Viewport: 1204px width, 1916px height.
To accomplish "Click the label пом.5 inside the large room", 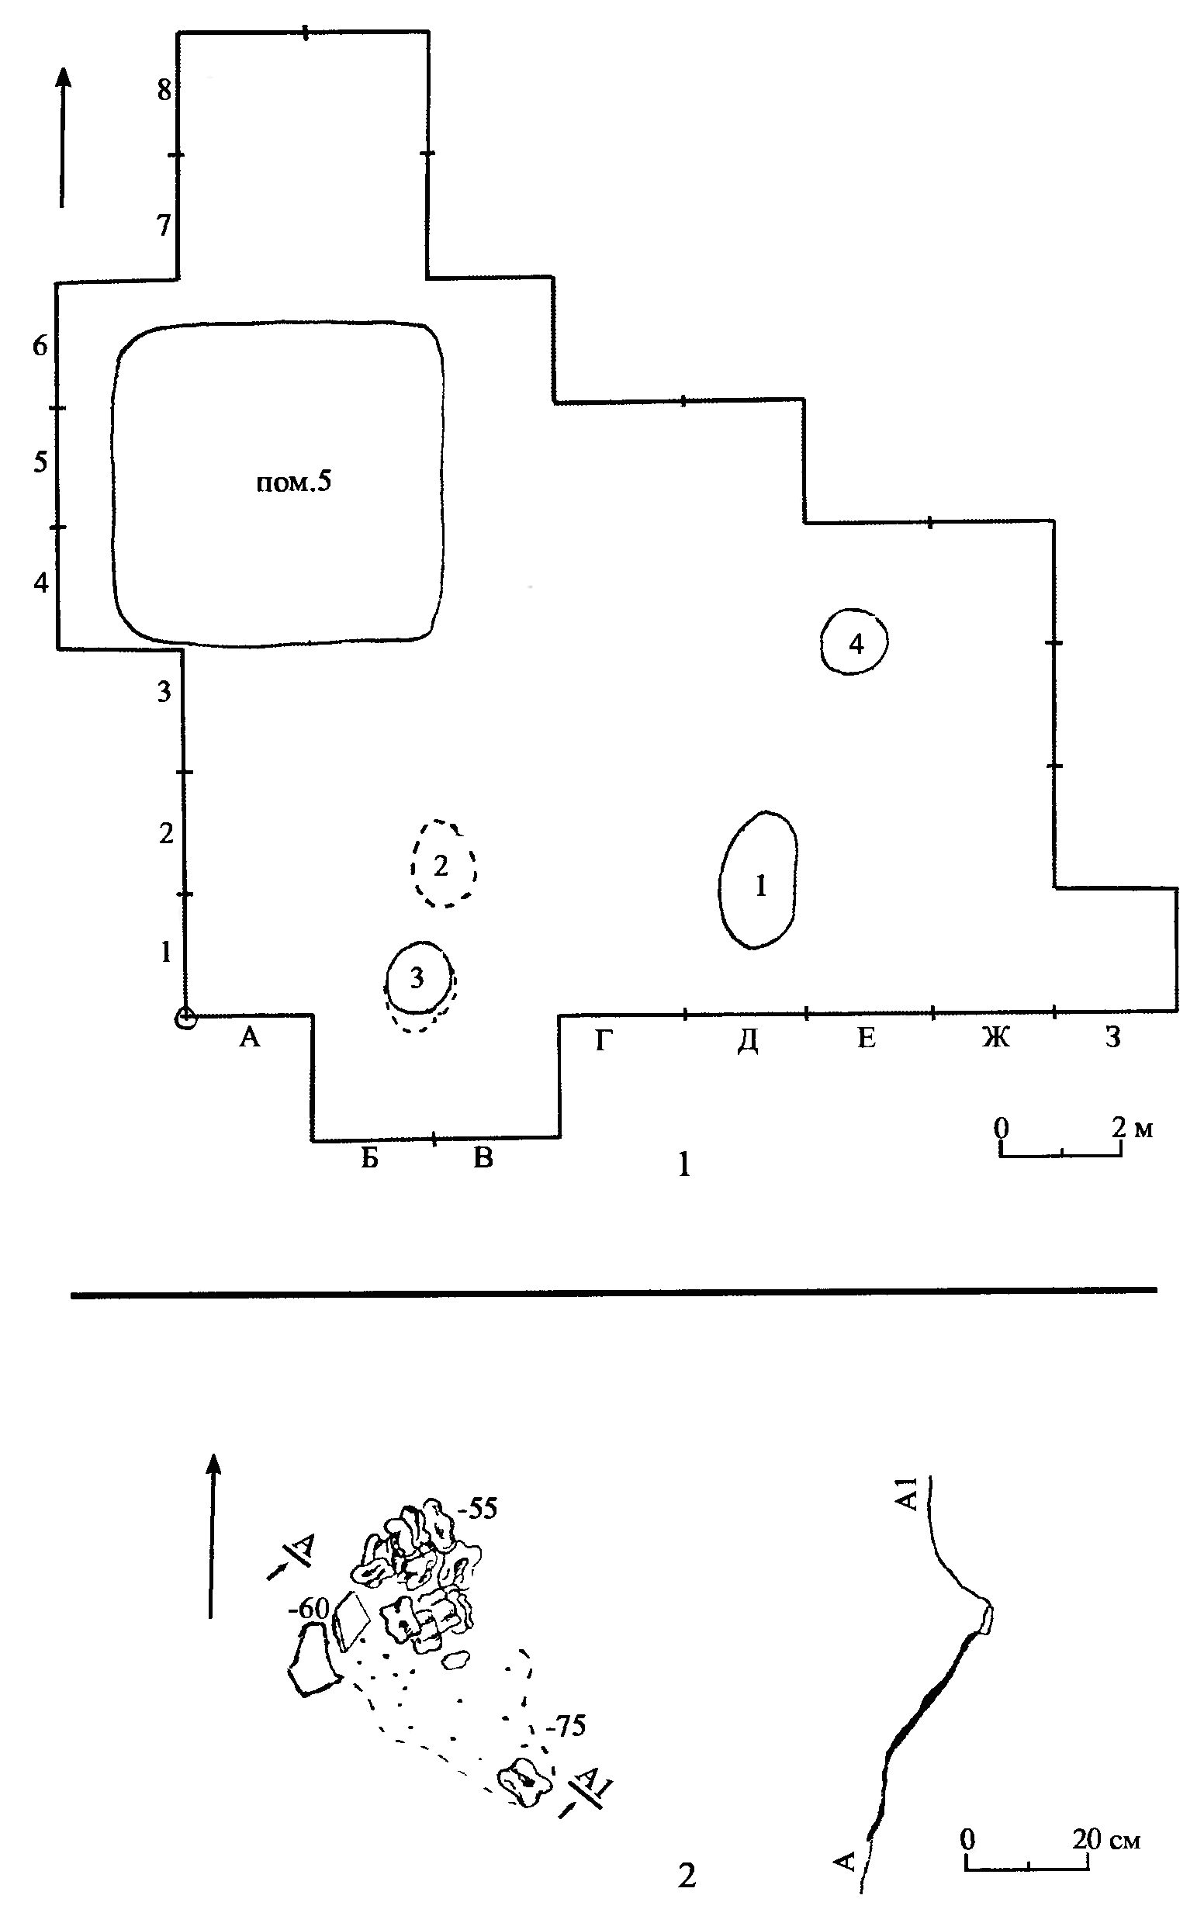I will pos(292,482).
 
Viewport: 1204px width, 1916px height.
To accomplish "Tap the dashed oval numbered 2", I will pos(442,864).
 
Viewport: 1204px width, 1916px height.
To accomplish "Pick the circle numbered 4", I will pos(854,642).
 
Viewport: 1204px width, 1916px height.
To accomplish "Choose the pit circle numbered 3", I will pos(417,978).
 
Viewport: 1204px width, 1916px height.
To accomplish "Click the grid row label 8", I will pos(164,91).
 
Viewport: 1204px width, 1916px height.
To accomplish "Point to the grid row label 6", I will pos(40,346).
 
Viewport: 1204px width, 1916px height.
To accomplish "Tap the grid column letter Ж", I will pos(995,1038).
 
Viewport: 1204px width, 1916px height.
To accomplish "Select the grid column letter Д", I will pos(747,1039).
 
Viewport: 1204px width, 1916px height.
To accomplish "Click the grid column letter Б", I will pos(369,1158).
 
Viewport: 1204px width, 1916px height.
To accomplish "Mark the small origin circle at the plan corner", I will pos(185,1018).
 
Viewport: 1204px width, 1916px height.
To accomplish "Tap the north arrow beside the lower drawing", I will pos(212,1535).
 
